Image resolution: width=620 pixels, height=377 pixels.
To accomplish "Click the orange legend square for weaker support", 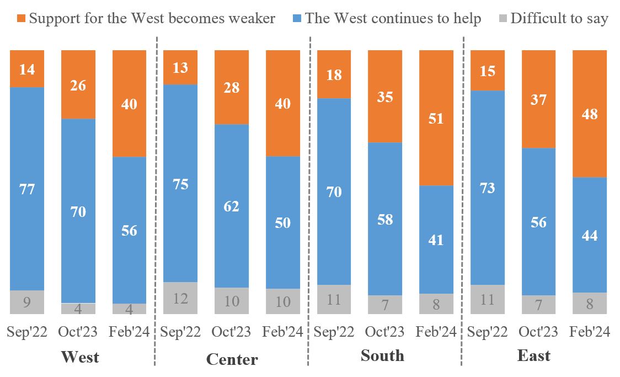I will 21,19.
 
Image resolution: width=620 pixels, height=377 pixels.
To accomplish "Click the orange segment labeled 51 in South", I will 436,118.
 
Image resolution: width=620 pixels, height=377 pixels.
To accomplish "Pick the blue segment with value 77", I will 27,189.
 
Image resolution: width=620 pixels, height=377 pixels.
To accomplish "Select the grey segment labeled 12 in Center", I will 180,298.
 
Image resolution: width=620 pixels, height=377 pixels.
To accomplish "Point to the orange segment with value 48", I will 590,114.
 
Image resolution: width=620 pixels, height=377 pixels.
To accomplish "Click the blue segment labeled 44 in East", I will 590,235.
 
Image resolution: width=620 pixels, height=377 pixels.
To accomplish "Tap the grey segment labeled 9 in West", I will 27,302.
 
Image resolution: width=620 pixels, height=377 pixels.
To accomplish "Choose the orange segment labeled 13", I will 180,67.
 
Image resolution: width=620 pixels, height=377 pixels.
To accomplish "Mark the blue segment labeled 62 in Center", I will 232,206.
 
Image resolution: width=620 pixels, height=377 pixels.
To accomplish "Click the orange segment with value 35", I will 385,97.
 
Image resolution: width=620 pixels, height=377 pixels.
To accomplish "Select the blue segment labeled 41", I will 436,240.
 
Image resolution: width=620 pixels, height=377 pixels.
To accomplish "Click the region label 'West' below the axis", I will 80,357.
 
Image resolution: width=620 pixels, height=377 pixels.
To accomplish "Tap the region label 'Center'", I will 232,359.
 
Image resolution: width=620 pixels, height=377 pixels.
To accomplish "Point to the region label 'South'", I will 382,355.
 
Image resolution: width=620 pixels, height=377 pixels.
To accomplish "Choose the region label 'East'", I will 533,355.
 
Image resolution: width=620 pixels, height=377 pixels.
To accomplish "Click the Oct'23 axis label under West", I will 78,332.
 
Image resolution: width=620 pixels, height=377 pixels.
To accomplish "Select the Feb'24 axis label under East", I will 590,332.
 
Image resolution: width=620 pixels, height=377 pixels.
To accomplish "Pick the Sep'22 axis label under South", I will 334,332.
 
